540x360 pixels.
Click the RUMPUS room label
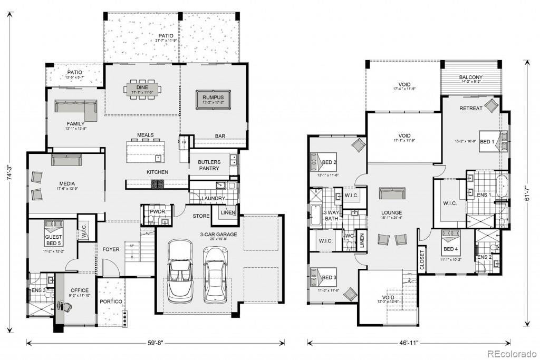214,97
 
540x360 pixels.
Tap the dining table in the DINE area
141,89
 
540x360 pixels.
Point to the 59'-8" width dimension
156,343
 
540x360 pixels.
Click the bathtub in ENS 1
503,188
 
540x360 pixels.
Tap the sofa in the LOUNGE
392,193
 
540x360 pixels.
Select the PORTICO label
112,301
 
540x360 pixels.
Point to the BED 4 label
450,249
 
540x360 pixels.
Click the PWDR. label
158,212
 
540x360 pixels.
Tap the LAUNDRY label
213,198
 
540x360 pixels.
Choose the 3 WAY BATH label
332,215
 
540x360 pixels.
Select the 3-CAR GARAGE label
218,235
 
